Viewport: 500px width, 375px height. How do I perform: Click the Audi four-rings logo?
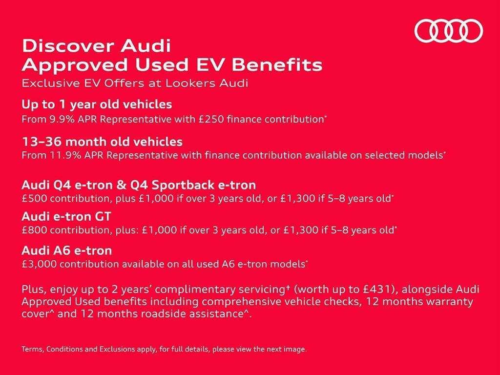(449, 31)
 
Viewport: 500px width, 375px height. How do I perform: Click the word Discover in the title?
(67, 46)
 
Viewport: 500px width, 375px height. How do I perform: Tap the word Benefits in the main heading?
(277, 65)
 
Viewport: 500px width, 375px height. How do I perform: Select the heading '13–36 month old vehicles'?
(102, 142)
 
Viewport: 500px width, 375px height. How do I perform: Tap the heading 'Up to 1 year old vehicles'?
(97, 104)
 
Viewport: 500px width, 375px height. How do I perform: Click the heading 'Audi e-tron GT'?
(66, 217)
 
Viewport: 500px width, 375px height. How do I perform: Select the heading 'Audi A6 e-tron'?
(66, 250)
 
